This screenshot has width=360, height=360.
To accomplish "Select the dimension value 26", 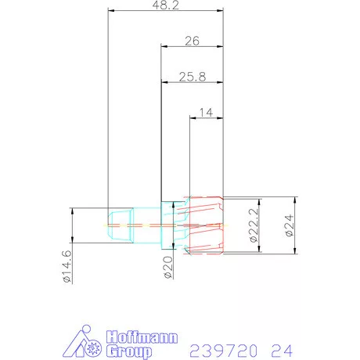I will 192,41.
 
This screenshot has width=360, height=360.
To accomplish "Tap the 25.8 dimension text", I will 192,76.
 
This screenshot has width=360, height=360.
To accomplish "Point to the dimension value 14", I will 207,113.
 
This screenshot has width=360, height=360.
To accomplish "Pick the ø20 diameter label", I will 167,268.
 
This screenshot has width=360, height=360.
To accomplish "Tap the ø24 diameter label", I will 288,225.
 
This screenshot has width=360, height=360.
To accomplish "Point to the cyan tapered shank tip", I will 120,225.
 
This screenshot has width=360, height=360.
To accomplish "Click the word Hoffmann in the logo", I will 143,337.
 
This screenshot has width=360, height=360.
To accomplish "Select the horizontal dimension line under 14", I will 207,119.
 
